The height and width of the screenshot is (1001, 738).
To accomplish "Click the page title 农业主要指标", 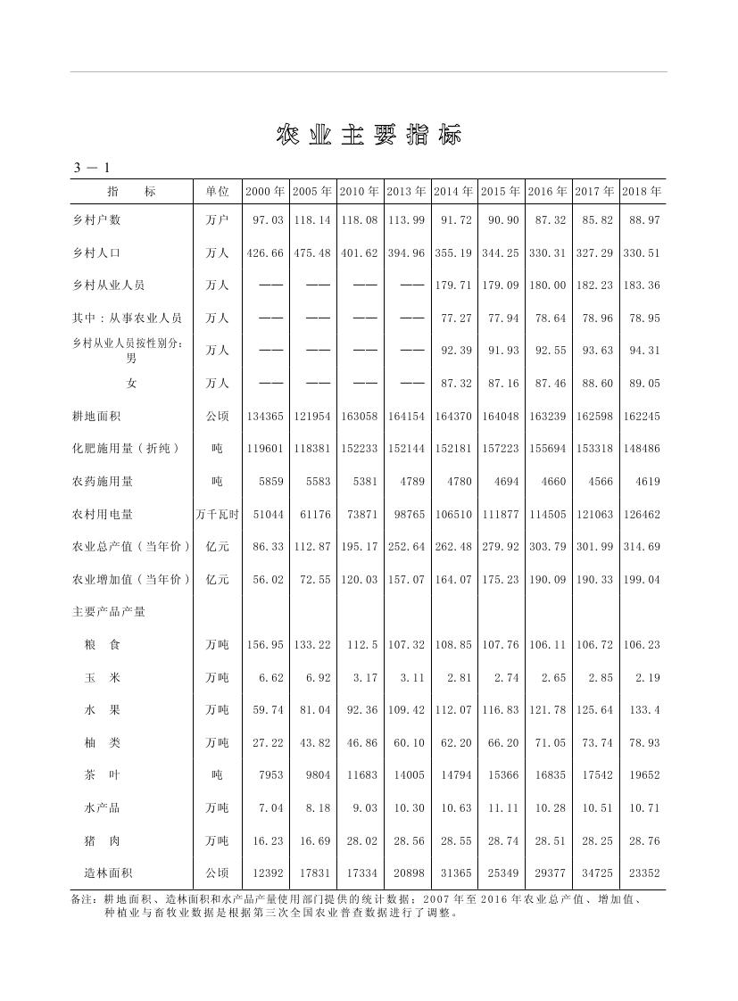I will [x=369, y=136].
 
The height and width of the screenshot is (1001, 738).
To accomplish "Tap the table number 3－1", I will [x=91, y=168].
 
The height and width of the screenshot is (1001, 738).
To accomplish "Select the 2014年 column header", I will [x=454, y=192].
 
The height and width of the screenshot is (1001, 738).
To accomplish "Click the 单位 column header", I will [x=217, y=192].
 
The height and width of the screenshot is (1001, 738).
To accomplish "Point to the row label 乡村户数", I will [x=96, y=219].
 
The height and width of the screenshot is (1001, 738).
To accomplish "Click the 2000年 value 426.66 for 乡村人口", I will [x=265, y=253].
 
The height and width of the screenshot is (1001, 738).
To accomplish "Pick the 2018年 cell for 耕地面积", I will [x=641, y=416].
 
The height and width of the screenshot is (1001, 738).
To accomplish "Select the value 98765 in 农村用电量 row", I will [x=407, y=515].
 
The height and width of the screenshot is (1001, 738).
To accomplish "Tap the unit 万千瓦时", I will [x=217, y=515].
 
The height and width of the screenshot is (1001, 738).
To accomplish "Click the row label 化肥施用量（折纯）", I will [x=126, y=449].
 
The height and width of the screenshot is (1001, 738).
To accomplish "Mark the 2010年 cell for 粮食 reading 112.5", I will [x=361, y=645].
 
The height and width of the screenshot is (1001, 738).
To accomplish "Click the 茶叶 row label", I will [x=103, y=775].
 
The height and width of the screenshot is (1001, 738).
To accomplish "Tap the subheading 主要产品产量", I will [x=109, y=612].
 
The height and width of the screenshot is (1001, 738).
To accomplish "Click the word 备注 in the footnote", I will [x=83, y=899].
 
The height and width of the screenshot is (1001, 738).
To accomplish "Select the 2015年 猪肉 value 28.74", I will [x=500, y=841].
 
